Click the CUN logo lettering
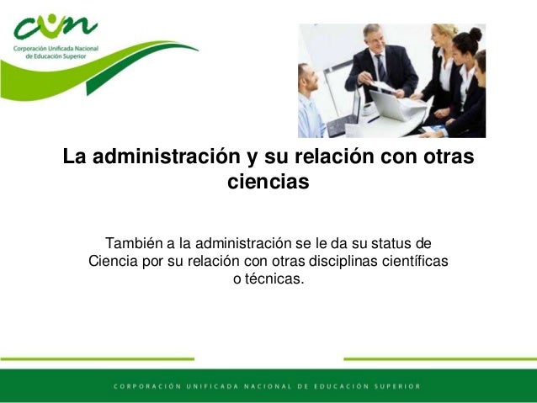(x=55, y=28)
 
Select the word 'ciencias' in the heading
(x=268, y=181)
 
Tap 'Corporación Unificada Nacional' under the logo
(x=56, y=49)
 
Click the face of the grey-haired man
(x=373, y=38)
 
